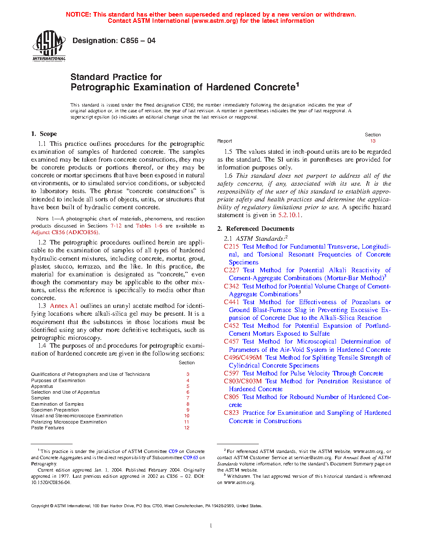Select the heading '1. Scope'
[x=44, y=134]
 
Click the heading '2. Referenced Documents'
[x=255, y=229]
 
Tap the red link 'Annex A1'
[x=63, y=306]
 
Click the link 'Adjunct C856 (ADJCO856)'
[x=65, y=232]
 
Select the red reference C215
[x=231, y=247]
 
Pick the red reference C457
[x=231, y=341]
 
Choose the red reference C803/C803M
[x=243, y=381]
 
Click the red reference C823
[x=231, y=413]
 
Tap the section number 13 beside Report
[x=373, y=141]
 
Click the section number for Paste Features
[x=187, y=428]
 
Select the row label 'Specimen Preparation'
[x=55, y=410]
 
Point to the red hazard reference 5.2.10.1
[x=289, y=215]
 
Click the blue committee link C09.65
[x=191, y=457]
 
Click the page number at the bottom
[x=211, y=526]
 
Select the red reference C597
[x=231, y=373]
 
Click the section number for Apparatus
[x=187, y=386]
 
